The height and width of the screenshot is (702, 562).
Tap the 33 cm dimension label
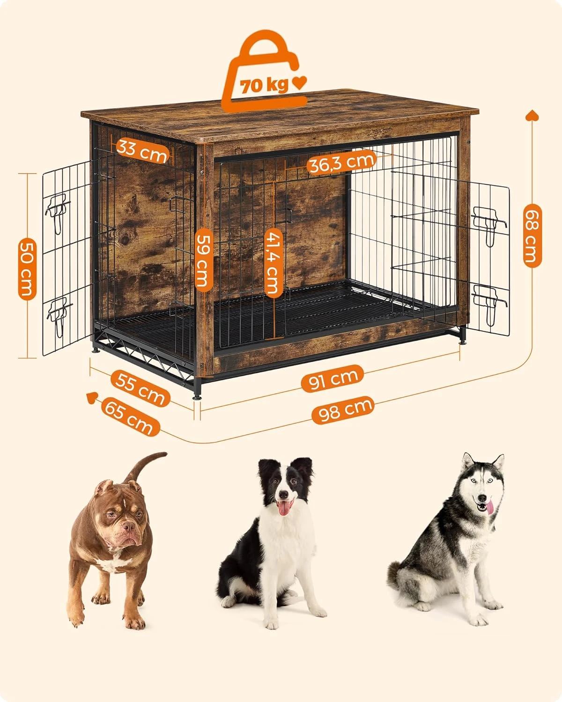point(141,150)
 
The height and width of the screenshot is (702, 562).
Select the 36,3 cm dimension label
point(341,163)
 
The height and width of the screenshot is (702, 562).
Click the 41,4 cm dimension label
point(272,262)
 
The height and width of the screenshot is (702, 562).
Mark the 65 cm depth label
point(128,417)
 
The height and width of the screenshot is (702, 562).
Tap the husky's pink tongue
point(489,507)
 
